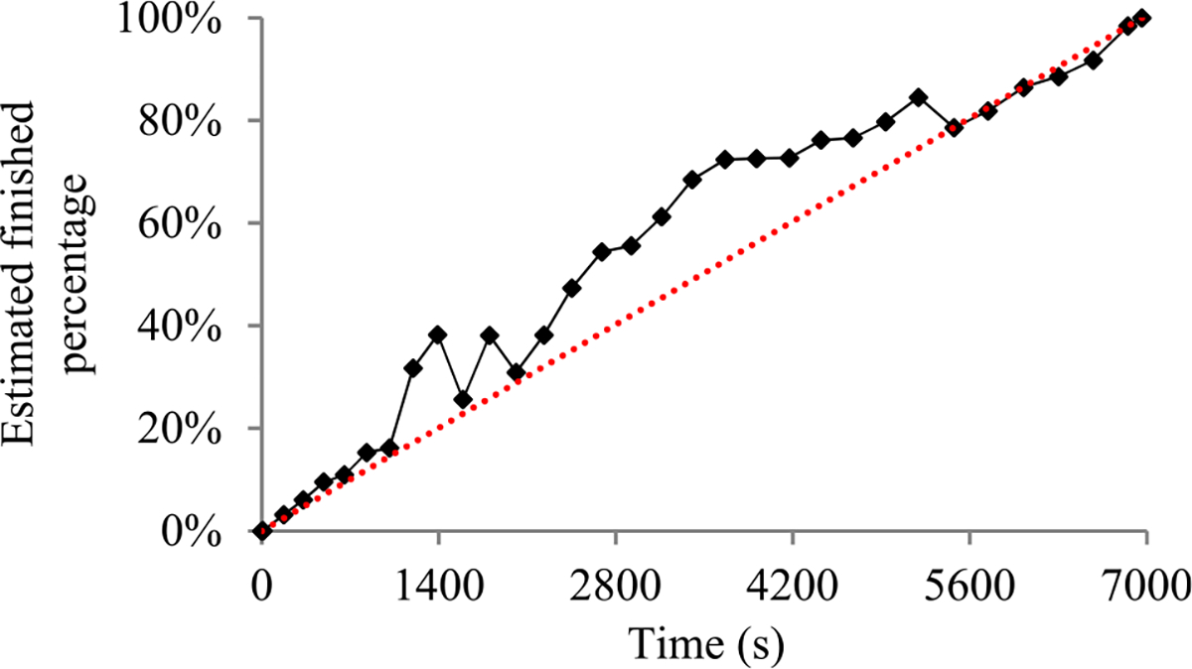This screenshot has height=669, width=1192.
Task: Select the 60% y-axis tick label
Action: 185,224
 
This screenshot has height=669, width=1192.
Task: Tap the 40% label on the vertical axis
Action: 185,327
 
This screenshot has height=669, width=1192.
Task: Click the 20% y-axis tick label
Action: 185,429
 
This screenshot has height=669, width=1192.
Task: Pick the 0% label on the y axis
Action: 195,532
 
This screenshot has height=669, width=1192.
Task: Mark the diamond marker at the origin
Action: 261,531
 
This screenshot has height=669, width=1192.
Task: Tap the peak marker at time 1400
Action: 438,334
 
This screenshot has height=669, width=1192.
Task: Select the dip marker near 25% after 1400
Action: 463,400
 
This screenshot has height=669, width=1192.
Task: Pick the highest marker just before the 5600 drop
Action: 919,97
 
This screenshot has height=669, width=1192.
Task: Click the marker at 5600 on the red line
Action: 955,127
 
